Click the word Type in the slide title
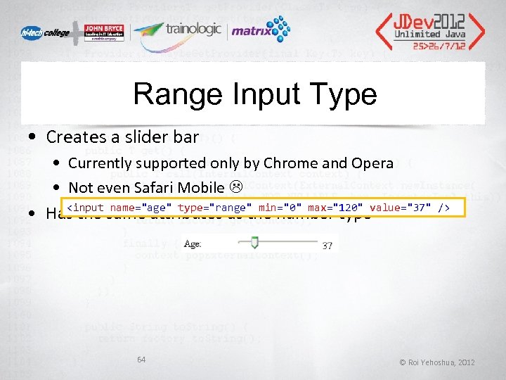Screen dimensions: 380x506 (346, 94)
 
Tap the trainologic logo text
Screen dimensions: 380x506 (193, 30)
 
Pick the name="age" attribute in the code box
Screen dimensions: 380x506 (140, 208)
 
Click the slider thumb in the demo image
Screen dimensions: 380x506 (255, 243)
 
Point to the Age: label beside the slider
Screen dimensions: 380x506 (192, 244)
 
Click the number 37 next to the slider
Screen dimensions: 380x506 (327, 246)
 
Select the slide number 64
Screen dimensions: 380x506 (141, 360)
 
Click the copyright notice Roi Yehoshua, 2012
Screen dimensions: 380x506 (437, 362)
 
